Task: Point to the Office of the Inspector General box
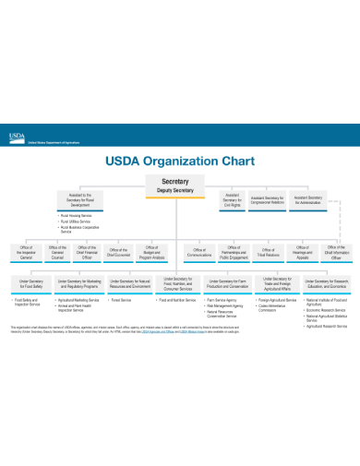[x=26, y=252]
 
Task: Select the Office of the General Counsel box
[x=57, y=252]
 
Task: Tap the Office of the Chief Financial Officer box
[x=88, y=252]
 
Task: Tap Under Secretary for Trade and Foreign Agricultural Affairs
[x=276, y=284]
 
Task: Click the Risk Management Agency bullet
[x=226, y=305]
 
